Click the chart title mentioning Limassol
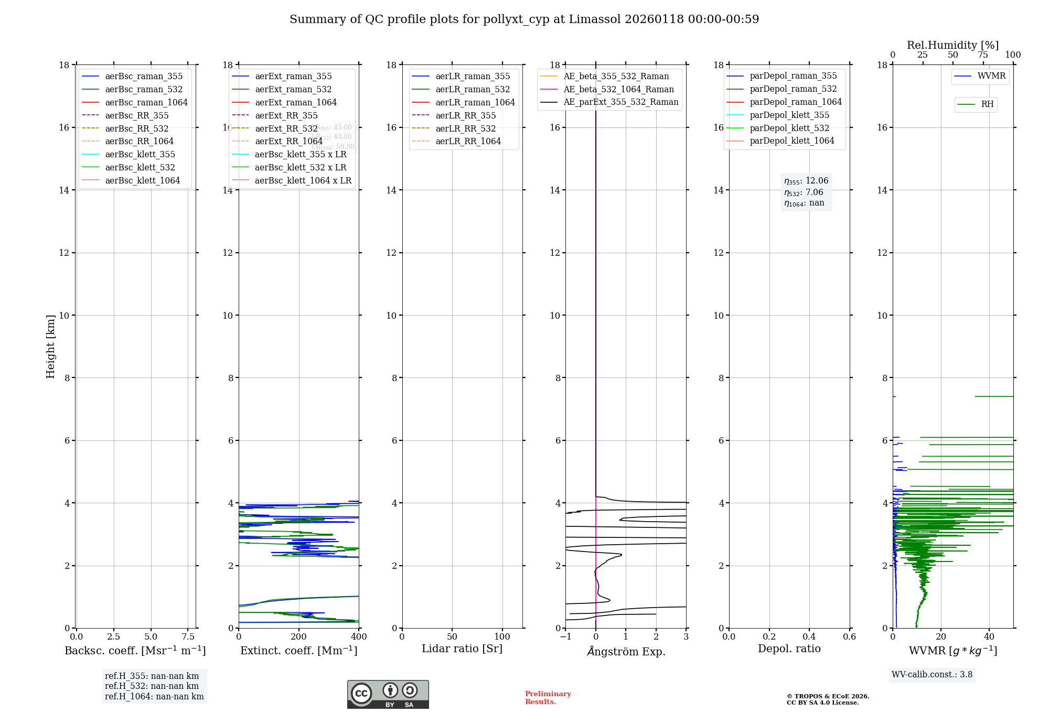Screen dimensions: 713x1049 pyautogui.click(x=524, y=19)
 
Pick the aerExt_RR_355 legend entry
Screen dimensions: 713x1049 pyautogui.click(x=286, y=115)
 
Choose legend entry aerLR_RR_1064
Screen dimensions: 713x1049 pyautogui.click(x=468, y=141)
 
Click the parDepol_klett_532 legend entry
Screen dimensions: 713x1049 pyautogui.click(x=789, y=128)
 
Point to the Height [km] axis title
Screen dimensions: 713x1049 pyautogui.click(x=50, y=346)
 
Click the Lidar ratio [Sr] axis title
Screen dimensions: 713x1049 pyautogui.click(x=462, y=649)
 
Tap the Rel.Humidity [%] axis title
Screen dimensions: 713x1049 pyautogui.click(x=952, y=45)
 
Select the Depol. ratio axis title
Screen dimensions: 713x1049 pyautogui.click(x=789, y=649)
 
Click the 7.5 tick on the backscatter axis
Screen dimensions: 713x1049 pyautogui.click(x=188, y=636)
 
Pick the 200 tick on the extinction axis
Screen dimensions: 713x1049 pyautogui.click(x=299, y=636)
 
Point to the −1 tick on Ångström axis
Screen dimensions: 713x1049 pyautogui.click(x=565, y=636)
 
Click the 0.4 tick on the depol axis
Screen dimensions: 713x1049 pyautogui.click(x=809, y=636)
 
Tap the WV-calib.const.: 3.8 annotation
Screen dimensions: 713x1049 pyautogui.click(x=932, y=674)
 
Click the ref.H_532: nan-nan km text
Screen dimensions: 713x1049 pyautogui.click(x=152, y=686)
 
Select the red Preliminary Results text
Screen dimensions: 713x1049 pyautogui.click(x=548, y=698)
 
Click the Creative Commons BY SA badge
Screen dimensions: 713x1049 pyautogui.click(x=388, y=694)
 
